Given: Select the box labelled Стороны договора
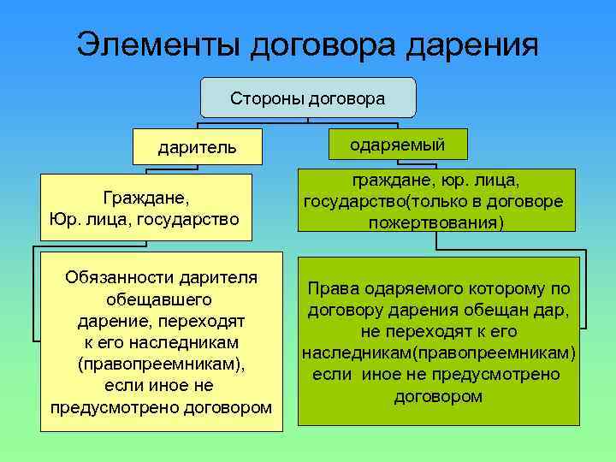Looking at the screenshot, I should tap(307, 98).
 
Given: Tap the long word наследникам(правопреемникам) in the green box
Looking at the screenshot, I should tap(438, 352).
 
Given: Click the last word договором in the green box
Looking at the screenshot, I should tap(438, 396).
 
